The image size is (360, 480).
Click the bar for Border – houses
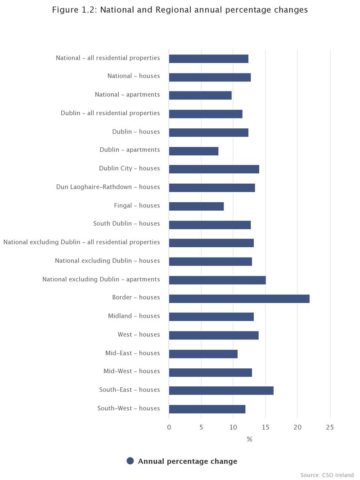point(239,299)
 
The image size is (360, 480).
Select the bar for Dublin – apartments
point(193,151)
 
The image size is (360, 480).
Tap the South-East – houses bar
point(221,390)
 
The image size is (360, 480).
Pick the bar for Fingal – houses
point(196,206)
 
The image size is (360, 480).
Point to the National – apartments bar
point(200,95)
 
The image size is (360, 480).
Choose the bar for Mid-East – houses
point(203,354)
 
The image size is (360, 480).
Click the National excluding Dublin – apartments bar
point(217,280)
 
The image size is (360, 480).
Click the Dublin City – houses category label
point(129,168)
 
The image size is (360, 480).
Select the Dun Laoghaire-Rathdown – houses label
point(108,187)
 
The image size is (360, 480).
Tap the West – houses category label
point(139,335)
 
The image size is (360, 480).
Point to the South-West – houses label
point(128,408)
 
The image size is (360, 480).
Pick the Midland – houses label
point(134,316)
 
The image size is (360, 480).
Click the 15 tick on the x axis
point(265,427)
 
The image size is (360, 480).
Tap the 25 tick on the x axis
point(330,427)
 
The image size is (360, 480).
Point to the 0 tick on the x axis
point(169,427)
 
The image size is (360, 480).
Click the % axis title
point(249,439)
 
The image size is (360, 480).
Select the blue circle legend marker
point(130,461)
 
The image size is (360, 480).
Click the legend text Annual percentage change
point(187,461)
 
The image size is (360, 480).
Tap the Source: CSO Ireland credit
point(327,475)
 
